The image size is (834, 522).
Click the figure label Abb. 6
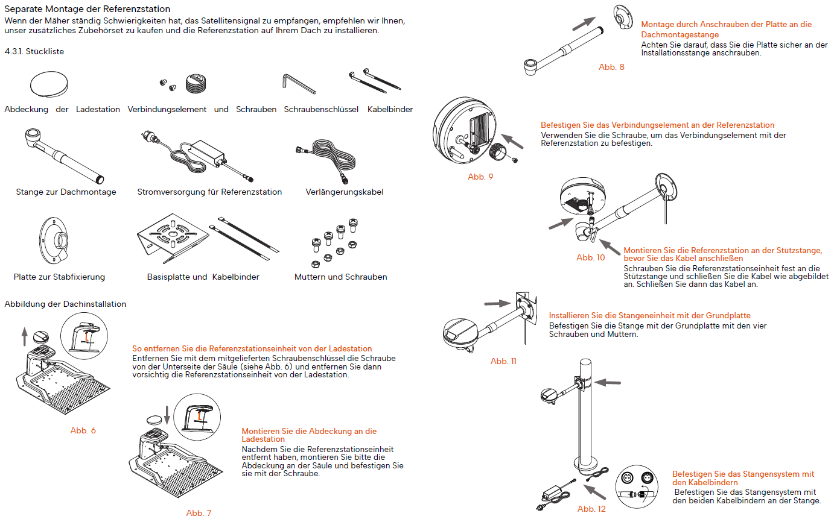coord(83,430)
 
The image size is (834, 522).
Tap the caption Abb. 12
coord(591,509)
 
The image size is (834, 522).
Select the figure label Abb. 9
coord(480,177)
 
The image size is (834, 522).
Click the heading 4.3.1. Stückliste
coord(34,52)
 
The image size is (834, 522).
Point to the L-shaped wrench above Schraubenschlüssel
coord(299,84)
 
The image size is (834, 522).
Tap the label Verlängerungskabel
coord(344,192)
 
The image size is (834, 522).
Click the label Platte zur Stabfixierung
coord(59,277)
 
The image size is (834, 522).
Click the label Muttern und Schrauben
coord(340,277)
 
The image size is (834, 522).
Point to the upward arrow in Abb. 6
coord(24,336)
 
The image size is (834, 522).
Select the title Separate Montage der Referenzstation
coord(87,10)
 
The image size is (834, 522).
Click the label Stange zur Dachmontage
coord(66,192)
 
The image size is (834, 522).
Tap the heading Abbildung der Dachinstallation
coord(65,304)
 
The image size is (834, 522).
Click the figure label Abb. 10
coord(590,258)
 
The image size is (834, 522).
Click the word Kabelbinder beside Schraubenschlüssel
coord(390,110)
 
